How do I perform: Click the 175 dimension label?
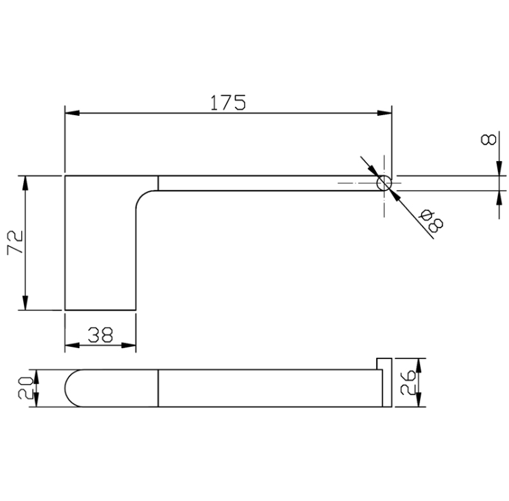pyautogui.click(x=228, y=103)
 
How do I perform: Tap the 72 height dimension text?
pyautogui.click(x=15, y=242)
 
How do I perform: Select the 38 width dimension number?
pyautogui.click(x=101, y=334)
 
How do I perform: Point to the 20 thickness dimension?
pyautogui.click(x=25, y=388)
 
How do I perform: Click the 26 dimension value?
pyautogui.click(x=408, y=383)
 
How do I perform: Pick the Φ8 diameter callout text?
pyautogui.click(x=431, y=221)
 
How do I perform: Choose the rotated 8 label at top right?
pyautogui.click(x=488, y=139)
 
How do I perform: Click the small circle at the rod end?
pyautogui.click(x=384, y=184)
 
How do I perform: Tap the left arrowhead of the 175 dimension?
pyautogui.click(x=72, y=113)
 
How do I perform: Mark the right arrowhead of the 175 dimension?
pyautogui.click(x=384, y=113)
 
